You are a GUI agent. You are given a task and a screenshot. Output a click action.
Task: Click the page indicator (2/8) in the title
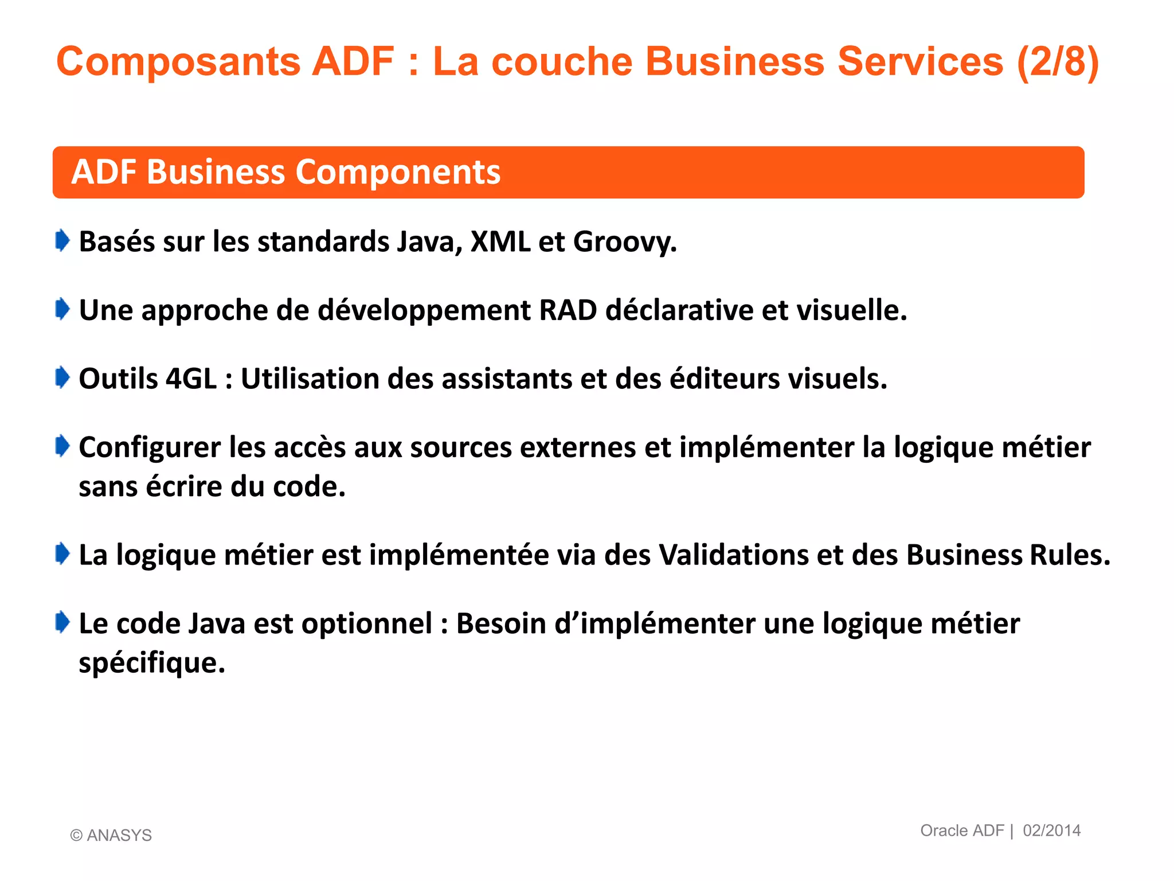tap(1058, 61)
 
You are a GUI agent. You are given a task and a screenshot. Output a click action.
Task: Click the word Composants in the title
tap(178, 61)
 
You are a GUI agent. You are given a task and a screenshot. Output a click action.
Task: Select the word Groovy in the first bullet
tap(624, 241)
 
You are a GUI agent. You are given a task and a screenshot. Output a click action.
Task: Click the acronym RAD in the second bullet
tap(568, 310)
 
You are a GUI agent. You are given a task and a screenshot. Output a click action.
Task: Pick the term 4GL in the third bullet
tap(191, 379)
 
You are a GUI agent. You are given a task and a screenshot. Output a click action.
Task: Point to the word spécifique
tap(151, 663)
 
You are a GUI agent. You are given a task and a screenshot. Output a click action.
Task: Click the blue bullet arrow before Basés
tap(62, 240)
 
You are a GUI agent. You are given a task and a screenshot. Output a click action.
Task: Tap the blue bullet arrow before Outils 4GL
tap(62, 377)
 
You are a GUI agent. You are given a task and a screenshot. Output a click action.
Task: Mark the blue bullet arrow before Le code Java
tap(62, 622)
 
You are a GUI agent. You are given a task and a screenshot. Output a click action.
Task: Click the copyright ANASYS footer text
tap(111, 835)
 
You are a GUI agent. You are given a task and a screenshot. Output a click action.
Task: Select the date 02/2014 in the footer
tap(1051, 831)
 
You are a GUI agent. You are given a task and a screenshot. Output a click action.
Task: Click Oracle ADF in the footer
tap(962, 831)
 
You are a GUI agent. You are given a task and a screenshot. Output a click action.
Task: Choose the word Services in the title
tap(920, 61)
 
